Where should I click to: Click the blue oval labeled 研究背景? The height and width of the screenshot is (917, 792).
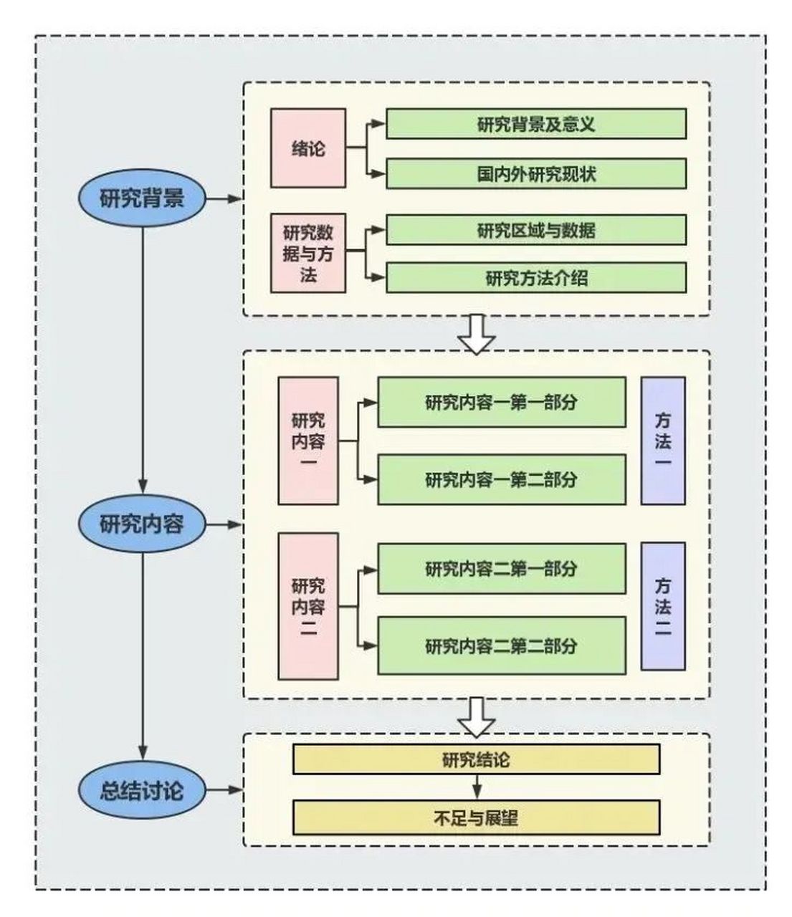click(x=142, y=198)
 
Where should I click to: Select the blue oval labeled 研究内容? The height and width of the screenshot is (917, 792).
click(x=142, y=524)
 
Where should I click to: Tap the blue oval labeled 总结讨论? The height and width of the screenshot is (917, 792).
click(x=142, y=790)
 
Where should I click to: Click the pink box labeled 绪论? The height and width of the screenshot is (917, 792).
click(x=308, y=148)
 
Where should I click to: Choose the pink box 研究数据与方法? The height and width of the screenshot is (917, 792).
click(x=308, y=253)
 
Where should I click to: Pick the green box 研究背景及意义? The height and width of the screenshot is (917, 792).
click(x=536, y=124)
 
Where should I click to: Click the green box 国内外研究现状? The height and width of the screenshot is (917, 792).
click(x=536, y=174)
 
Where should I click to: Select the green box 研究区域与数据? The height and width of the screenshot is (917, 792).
click(x=536, y=230)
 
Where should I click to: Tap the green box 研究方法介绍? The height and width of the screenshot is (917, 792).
click(x=536, y=278)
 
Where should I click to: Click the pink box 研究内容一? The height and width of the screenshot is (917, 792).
click(x=308, y=441)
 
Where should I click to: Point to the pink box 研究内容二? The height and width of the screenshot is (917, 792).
click(x=308, y=606)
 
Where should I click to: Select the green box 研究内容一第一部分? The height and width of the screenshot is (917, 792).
click(x=501, y=403)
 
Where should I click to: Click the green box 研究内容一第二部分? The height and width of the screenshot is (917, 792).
click(x=501, y=479)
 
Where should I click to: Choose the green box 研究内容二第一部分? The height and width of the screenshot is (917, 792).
click(x=501, y=569)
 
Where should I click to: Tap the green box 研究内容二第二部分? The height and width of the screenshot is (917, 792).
click(x=501, y=645)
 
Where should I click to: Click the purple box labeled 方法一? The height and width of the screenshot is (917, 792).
click(x=663, y=441)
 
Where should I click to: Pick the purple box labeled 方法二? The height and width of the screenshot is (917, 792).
click(x=663, y=606)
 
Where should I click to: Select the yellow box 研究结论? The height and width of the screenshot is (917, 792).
click(x=476, y=759)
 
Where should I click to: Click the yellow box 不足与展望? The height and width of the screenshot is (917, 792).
click(x=476, y=817)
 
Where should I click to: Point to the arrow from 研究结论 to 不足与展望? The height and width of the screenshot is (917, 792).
click(x=476, y=787)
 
